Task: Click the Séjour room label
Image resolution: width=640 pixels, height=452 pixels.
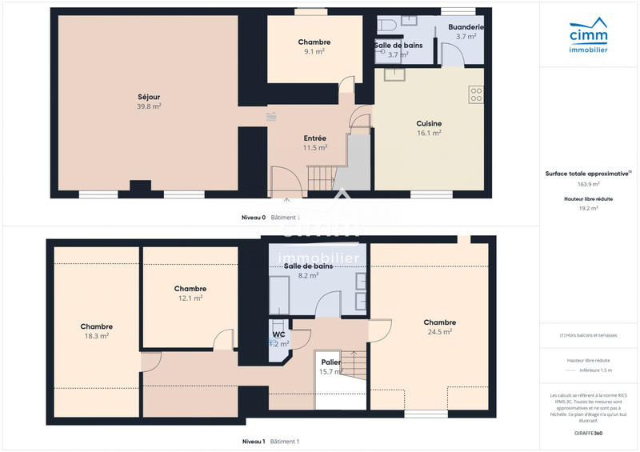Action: point(149,97)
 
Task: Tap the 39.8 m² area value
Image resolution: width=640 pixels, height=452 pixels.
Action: point(149,106)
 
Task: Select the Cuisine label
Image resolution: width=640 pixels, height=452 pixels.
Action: point(429,123)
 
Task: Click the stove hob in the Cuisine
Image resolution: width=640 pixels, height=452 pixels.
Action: point(476,94)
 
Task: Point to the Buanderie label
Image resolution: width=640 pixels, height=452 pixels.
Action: point(466,27)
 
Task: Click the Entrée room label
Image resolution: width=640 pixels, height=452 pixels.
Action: point(314,138)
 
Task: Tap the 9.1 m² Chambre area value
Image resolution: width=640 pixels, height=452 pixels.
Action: point(314,51)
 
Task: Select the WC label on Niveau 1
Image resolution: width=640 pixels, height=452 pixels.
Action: point(278,334)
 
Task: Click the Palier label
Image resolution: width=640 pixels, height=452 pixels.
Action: point(330,362)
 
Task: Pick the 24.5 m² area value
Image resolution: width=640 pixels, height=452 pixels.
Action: point(439,331)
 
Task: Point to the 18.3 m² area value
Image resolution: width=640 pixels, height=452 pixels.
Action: point(96,336)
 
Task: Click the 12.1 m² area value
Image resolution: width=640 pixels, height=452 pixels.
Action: point(190,298)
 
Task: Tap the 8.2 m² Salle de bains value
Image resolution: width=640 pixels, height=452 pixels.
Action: point(307,274)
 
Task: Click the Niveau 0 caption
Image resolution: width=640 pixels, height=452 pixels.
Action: point(254,218)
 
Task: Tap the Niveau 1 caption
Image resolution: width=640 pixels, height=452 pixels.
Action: point(254,442)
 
